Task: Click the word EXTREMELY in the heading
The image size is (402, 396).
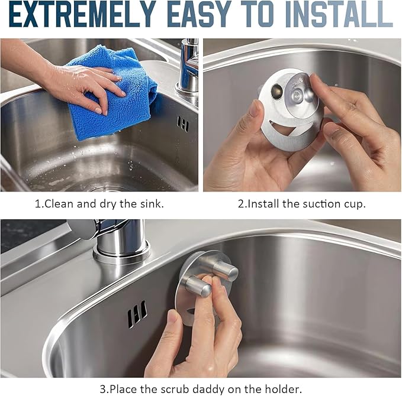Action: click(x=81, y=15)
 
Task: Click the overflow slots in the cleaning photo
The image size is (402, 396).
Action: click(x=182, y=124)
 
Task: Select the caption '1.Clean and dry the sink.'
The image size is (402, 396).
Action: click(x=99, y=205)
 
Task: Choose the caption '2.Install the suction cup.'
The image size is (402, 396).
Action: click(x=302, y=205)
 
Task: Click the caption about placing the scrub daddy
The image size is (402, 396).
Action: click(x=201, y=388)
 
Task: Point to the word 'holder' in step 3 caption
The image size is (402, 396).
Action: click(x=287, y=388)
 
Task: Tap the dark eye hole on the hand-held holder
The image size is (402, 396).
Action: click(x=277, y=93)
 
